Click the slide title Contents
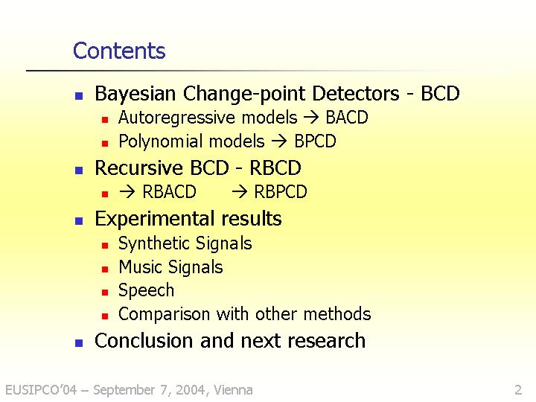(x=119, y=51)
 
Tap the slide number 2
(x=518, y=389)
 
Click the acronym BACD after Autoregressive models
(x=347, y=118)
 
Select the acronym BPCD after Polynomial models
(x=315, y=141)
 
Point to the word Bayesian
(x=135, y=94)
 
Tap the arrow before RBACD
(x=127, y=192)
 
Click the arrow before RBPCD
(x=239, y=192)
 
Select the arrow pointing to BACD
(x=311, y=118)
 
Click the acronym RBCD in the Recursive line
(x=275, y=167)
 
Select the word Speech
(x=146, y=291)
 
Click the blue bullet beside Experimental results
(x=79, y=221)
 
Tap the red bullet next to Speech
(x=105, y=293)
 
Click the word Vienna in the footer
(x=233, y=389)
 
